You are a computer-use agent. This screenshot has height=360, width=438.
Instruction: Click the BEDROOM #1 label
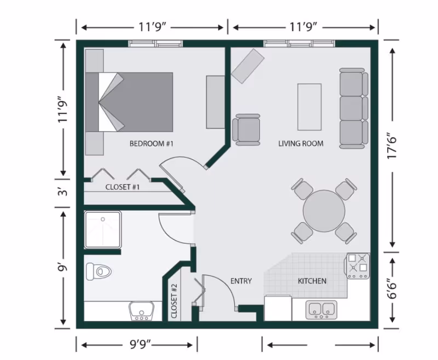tap(151, 144)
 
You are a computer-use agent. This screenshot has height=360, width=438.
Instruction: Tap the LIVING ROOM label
tap(301, 144)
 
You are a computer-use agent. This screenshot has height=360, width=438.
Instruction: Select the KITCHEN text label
tap(312, 281)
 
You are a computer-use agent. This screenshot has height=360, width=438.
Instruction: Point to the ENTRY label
tap(241, 281)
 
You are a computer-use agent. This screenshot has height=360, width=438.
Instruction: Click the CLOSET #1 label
tap(123, 187)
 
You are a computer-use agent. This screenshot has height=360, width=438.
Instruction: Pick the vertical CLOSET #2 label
tap(174, 302)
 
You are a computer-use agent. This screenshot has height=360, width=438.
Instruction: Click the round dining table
tap(324, 211)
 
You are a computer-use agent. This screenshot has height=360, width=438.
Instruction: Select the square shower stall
tap(102, 229)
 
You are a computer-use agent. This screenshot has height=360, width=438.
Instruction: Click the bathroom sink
tap(141, 311)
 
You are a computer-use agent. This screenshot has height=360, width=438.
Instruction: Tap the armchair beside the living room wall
tap(247, 129)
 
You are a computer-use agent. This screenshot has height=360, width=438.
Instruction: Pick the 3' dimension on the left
tap(63, 192)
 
